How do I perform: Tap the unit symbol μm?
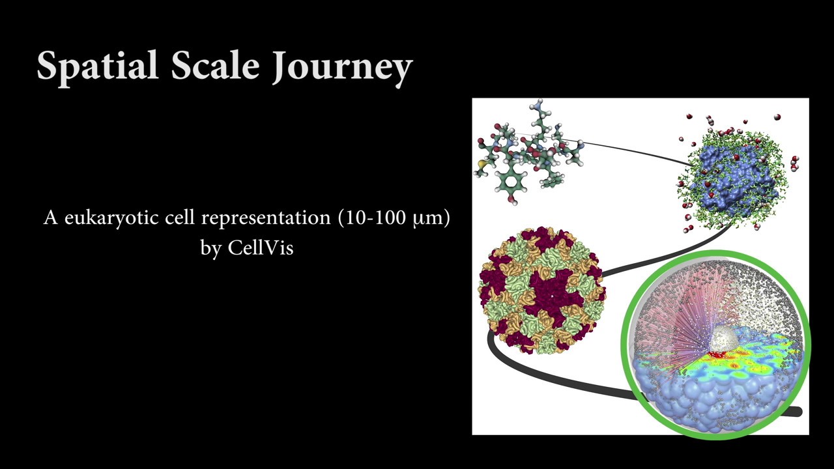427,218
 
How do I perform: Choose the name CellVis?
260,248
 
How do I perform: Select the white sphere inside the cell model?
724,339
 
